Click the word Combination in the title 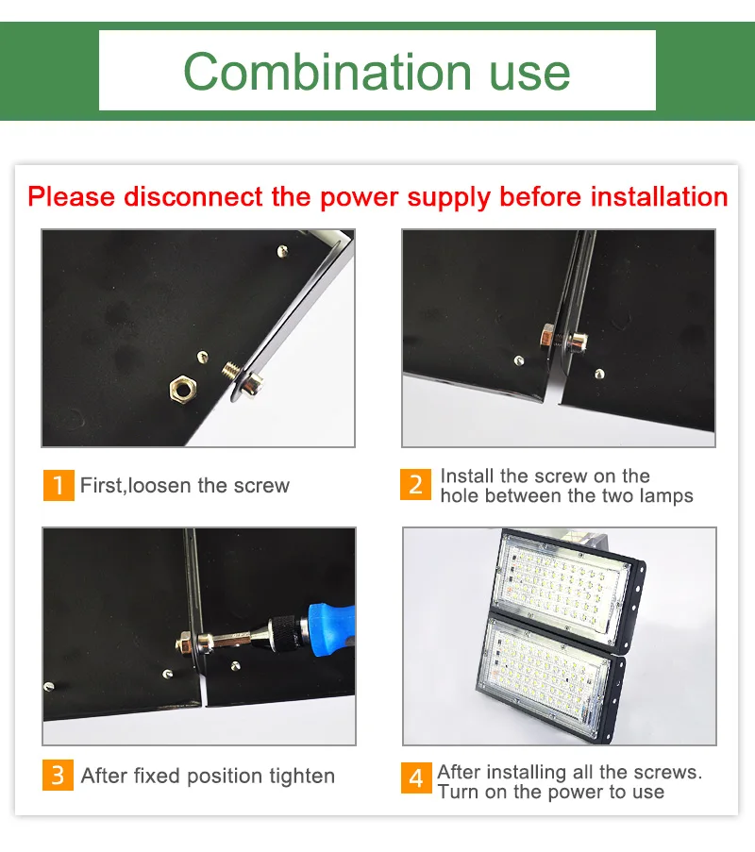[327, 72]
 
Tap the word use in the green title [530, 76]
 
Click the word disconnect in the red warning [193, 196]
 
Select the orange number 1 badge [59, 485]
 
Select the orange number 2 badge [416, 484]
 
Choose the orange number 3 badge [58, 775]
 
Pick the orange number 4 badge [416, 778]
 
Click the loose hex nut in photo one [183, 389]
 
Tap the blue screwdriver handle [331, 629]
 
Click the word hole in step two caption [460, 495]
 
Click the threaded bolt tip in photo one [231, 371]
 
